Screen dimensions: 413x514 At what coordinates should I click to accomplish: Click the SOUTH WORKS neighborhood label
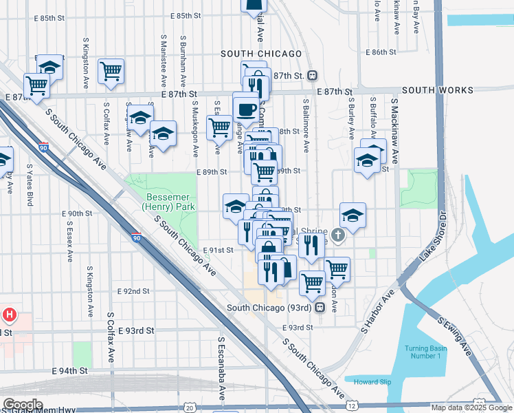coord(438,90)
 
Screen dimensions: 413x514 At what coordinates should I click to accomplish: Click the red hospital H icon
coord(10,316)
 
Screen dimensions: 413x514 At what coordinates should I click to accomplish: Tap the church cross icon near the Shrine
coord(337,236)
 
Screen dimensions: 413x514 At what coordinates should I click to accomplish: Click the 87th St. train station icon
coord(312,75)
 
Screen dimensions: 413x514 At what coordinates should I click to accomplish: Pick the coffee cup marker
coord(246,108)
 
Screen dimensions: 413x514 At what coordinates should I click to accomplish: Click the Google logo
coord(23,405)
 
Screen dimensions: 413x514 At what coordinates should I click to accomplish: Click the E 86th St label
coord(388,52)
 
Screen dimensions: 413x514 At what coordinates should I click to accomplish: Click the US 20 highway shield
coord(190,407)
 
